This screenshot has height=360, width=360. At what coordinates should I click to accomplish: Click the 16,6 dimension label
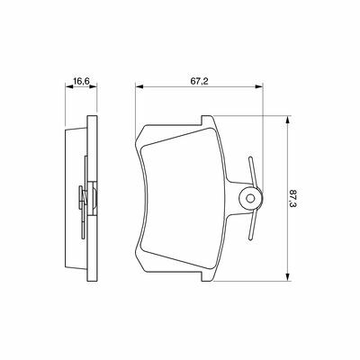[x=82, y=81]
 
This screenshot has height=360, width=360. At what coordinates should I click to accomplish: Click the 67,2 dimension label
[x=199, y=81]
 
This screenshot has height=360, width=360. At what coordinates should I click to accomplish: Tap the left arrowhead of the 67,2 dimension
[x=139, y=86]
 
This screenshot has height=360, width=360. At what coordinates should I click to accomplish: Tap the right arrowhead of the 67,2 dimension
[x=259, y=86]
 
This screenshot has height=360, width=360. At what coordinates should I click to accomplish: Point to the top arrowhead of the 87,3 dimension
[x=288, y=120]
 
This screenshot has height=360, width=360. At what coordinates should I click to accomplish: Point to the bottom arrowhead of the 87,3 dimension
[x=288, y=277]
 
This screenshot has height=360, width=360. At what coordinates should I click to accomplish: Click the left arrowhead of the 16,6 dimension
[x=69, y=86]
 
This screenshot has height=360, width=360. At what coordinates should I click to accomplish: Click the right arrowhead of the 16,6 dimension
[x=94, y=86]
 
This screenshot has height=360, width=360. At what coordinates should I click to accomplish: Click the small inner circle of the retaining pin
[x=250, y=198]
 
